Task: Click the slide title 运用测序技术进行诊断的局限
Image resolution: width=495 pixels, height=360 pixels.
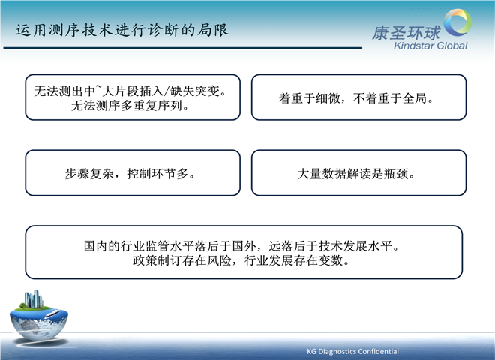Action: point(122,30)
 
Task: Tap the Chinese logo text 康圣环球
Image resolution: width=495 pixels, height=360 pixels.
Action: point(406,33)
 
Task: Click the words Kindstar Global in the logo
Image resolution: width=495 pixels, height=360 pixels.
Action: point(430,46)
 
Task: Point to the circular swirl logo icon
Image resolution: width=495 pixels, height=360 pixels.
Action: point(457,22)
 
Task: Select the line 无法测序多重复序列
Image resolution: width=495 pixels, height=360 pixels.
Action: point(130,106)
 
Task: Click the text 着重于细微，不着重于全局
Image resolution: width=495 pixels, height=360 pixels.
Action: point(356,98)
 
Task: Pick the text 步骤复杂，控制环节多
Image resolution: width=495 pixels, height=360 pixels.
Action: point(130,174)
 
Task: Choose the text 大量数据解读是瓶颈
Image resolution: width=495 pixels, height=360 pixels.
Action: point(356,174)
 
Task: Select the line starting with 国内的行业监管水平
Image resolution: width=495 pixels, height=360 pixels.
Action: point(241,246)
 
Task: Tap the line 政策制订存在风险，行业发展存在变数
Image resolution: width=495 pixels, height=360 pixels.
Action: point(241,260)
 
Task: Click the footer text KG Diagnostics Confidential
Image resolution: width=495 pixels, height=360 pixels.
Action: point(352,351)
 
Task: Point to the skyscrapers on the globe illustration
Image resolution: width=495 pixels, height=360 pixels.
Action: point(34,299)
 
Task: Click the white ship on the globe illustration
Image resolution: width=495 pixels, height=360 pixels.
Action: point(52,313)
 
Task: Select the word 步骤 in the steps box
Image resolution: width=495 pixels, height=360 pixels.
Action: point(77,174)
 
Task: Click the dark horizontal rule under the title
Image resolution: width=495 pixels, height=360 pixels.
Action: point(182,48)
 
